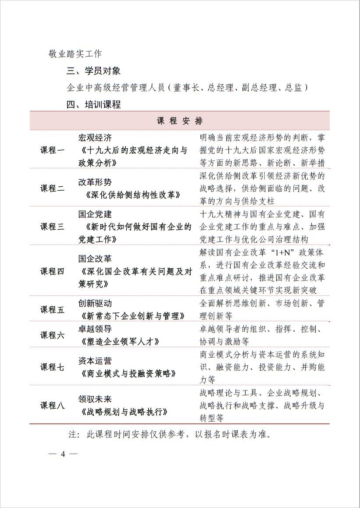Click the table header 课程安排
click(179, 121)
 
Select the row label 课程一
click(53, 150)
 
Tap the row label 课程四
click(53, 271)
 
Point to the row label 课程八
click(53, 405)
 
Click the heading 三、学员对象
click(93, 71)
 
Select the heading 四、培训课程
click(93, 105)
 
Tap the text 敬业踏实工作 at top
click(75, 53)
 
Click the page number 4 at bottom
click(63, 454)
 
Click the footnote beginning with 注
click(170, 435)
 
